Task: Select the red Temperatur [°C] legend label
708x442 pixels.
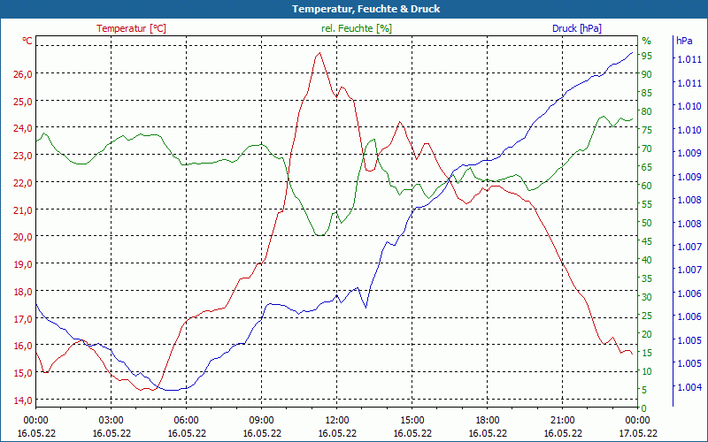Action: [131, 28]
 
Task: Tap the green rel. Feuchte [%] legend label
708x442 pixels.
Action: [356, 28]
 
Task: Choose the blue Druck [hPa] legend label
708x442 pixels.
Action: [577, 28]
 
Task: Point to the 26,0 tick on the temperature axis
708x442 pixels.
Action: [22, 73]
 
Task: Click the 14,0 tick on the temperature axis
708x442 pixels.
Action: [22, 400]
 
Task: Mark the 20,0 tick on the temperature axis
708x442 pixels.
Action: [22, 237]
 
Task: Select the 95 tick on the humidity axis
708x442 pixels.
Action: [647, 56]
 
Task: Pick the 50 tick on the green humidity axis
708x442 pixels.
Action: [647, 223]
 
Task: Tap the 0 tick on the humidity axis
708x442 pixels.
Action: [644, 408]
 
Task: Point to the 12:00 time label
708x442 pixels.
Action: [337, 420]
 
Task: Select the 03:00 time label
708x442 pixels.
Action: [111, 420]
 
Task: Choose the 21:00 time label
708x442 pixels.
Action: [563, 420]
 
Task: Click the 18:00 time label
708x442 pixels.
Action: [488, 420]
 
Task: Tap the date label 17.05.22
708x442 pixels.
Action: [638, 433]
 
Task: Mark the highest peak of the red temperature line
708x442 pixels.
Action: [319, 53]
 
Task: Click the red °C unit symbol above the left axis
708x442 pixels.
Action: [27, 41]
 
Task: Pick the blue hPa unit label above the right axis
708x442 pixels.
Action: [684, 41]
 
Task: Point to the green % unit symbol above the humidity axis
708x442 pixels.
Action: [646, 41]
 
